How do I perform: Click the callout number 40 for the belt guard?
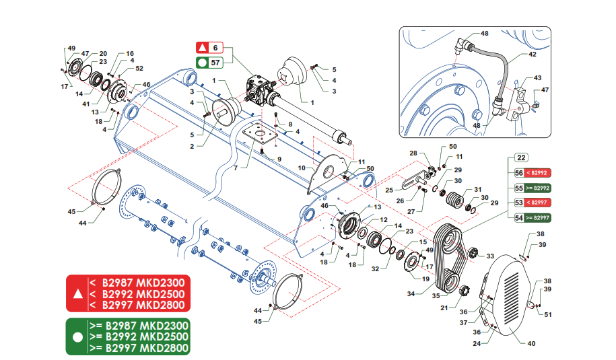[531, 344]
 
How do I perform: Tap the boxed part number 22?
[520, 157]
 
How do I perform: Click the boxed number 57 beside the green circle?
[215, 63]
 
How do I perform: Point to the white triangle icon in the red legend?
[77, 294]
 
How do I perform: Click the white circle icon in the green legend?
[77, 336]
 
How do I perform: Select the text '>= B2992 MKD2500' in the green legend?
[138, 336]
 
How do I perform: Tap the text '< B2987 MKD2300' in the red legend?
[138, 281]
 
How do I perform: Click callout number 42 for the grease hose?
[532, 54]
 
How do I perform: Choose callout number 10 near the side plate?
[302, 167]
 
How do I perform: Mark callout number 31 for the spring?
[478, 189]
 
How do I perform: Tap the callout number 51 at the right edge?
[548, 314]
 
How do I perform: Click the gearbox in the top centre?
[259, 92]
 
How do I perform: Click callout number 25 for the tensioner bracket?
[389, 190]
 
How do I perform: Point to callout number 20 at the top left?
[103, 53]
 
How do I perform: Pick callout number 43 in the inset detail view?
[537, 78]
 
